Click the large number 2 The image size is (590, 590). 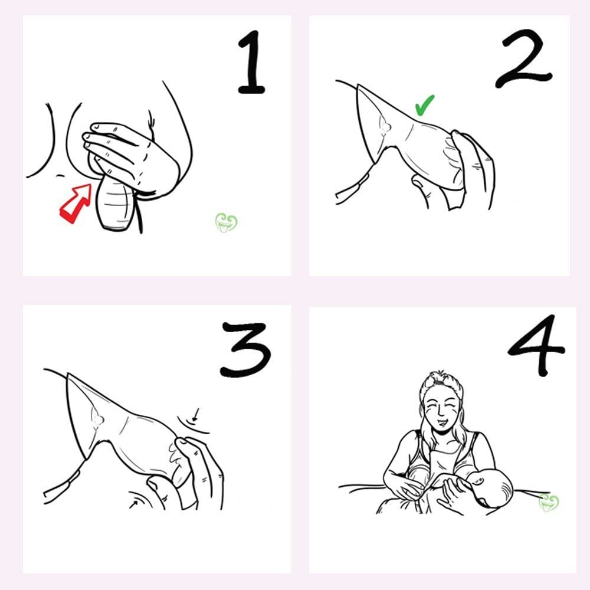(523, 58)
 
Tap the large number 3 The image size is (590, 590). (245, 349)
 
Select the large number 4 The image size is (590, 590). (536, 345)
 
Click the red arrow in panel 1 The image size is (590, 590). (76, 203)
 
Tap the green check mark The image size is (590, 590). (424, 105)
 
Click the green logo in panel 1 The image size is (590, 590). (226, 222)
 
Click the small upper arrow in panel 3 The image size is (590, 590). (195, 415)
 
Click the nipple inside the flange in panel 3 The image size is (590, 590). (97, 419)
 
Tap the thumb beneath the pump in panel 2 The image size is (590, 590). (422, 189)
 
